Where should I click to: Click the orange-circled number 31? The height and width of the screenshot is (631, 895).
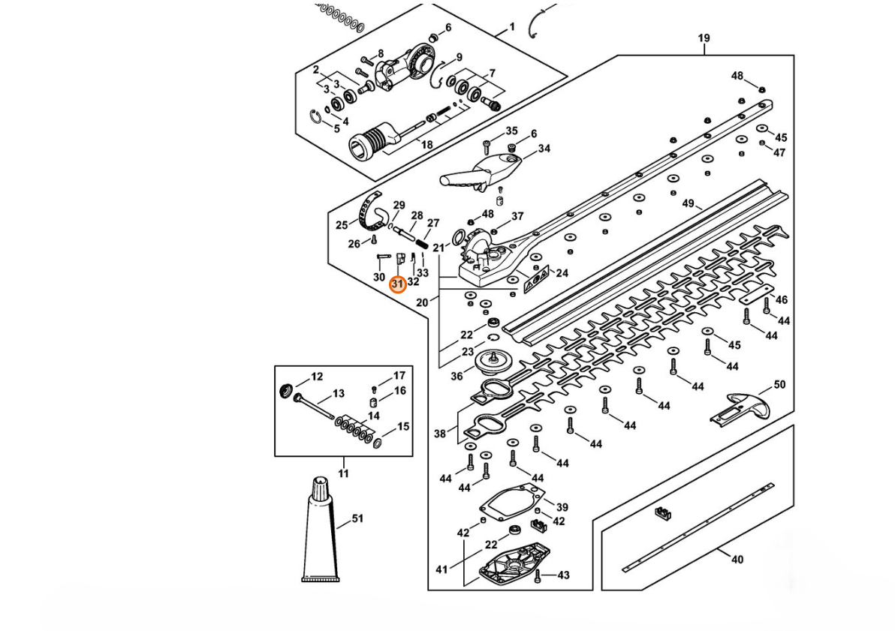click(398, 284)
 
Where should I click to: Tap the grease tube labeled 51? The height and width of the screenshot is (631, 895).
click(320, 530)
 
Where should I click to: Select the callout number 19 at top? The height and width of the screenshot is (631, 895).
click(704, 38)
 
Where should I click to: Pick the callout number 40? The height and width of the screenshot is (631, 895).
click(737, 560)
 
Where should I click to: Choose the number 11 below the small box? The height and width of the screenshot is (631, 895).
click(343, 473)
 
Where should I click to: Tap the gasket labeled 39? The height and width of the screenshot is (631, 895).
click(508, 502)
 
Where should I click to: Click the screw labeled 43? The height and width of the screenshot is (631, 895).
click(537, 577)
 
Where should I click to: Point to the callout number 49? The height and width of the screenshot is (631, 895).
click(688, 203)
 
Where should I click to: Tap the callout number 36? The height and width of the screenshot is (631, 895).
click(457, 376)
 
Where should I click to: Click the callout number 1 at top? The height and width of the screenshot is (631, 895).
click(512, 27)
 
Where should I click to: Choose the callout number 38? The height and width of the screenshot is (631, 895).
click(439, 434)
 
